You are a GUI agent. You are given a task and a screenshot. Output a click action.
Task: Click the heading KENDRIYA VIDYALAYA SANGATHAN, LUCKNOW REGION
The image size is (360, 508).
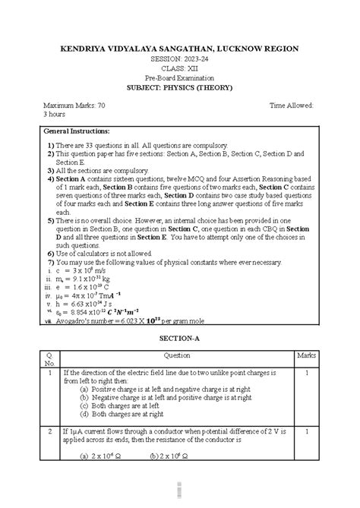(x=179, y=49)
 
